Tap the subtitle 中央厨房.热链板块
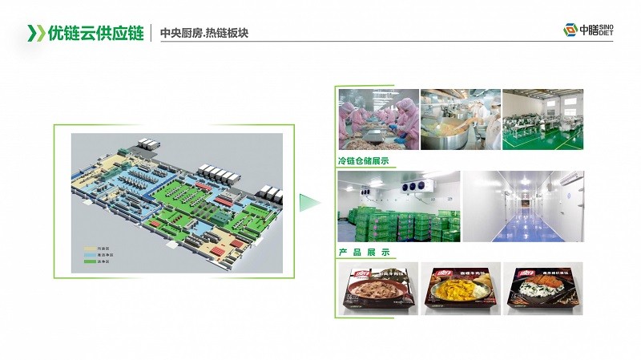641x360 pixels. coord(208,34)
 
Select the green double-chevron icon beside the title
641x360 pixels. coord(36,33)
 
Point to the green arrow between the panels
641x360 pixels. coord(308,203)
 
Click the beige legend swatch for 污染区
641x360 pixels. coord(88,249)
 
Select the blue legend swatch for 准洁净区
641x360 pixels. coord(88,255)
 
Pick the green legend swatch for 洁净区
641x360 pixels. coord(88,261)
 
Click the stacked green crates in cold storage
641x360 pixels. coord(398,224)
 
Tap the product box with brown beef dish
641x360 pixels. coord(377,289)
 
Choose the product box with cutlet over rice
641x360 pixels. coord(542,289)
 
